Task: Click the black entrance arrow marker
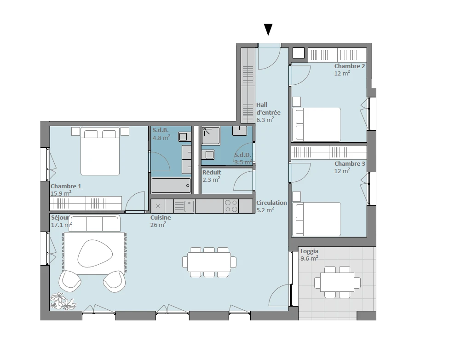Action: click(268, 29)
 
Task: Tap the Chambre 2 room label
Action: click(350, 66)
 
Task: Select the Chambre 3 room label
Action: click(350, 164)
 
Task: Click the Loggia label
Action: click(309, 251)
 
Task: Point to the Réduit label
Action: click(212, 172)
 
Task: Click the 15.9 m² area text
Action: click(61, 193)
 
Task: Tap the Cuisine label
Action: click(161, 218)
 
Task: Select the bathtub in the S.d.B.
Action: click(171, 186)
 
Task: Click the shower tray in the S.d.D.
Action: click(211, 135)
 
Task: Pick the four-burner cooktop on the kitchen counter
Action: click(231, 206)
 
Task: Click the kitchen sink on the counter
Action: click(189, 206)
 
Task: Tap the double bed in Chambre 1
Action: click(100, 151)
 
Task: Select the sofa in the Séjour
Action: click(94, 223)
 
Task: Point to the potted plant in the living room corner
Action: click(63, 301)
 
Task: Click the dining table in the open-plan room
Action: click(209, 262)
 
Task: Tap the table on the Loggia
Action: click(337, 282)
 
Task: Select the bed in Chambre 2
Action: click(316, 124)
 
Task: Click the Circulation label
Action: click(271, 203)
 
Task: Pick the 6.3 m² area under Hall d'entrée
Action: click(265, 120)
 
